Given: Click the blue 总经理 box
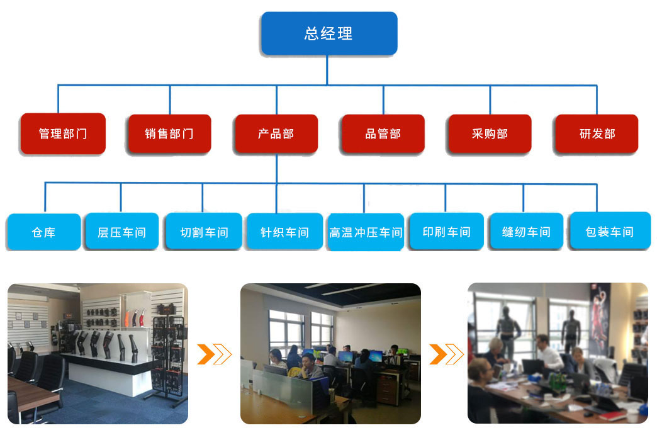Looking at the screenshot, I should click(x=329, y=33).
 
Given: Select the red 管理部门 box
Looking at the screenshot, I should click(x=63, y=133).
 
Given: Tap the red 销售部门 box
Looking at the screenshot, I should click(x=169, y=133).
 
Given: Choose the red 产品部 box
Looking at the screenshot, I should click(x=276, y=133).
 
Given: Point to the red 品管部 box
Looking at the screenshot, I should click(x=383, y=133).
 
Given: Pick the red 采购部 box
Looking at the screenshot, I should click(x=490, y=133).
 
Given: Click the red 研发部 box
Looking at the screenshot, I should click(x=597, y=133).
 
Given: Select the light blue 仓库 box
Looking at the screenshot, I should click(x=44, y=232).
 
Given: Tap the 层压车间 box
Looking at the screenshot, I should click(x=121, y=232).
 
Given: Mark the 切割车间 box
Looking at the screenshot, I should click(x=203, y=232).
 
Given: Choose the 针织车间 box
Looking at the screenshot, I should click(x=284, y=232).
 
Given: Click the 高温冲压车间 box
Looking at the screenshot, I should click(x=366, y=232).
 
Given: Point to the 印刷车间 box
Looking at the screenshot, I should click(x=446, y=232).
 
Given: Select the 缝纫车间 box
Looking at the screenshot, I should click(x=526, y=232).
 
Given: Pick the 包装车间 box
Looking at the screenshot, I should click(x=609, y=232).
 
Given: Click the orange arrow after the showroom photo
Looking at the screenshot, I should click(x=214, y=354).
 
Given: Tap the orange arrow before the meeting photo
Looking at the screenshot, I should click(x=446, y=354).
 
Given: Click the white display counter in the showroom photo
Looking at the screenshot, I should click(x=110, y=371).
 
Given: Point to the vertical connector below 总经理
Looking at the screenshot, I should click(x=327, y=69).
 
